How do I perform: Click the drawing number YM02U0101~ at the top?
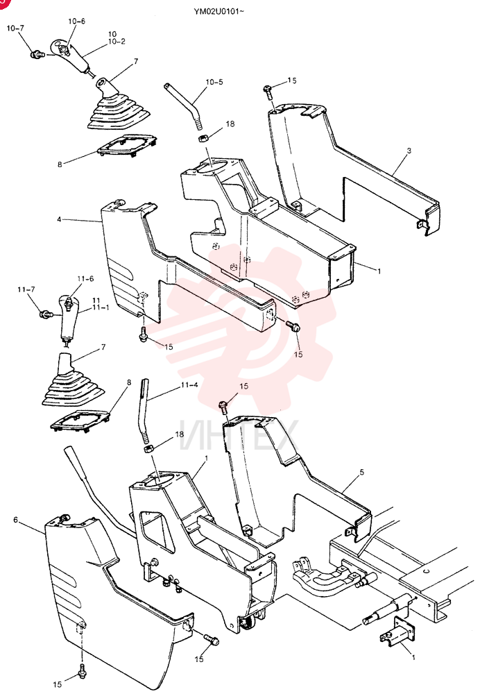point(218,10)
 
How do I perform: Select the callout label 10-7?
point(15,28)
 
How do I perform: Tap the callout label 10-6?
point(76,22)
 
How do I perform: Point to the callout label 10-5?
point(214,82)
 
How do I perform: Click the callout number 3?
point(409,151)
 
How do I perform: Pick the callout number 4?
point(59,219)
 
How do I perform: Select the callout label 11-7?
point(26,289)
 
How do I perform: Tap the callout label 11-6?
point(85,279)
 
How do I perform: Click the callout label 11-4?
point(189,385)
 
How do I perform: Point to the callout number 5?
point(362,472)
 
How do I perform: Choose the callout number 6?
point(15,520)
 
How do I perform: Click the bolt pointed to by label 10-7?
point(37,55)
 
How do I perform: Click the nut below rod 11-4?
point(148,449)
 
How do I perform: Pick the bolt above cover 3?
point(268,92)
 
